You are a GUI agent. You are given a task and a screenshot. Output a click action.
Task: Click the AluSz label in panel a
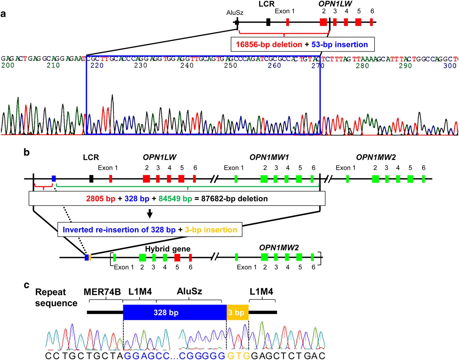pyautogui.click(x=235, y=13)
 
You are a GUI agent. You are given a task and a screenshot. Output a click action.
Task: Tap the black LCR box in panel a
pyautogui.click(x=268, y=22)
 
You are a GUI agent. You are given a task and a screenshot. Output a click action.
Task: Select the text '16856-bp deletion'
pyautogui.click(x=269, y=45)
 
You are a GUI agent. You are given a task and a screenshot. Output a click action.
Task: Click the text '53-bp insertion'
pyautogui.click(x=340, y=45)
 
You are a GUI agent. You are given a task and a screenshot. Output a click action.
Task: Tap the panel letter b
pyautogui.click(x=27, y=152)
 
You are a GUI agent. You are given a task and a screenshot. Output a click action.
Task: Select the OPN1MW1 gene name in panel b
pyautogui.click(x=269, y=158)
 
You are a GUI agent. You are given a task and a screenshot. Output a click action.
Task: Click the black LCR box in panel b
pyautogui.click(x=91, y=179)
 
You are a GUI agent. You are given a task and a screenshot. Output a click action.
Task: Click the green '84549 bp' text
pyautogui.click(x=175, y=199)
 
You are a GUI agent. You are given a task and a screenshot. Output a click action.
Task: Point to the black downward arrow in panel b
pyautogui.click(x=150, y=213)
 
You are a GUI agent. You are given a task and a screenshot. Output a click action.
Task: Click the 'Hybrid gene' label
pyautogui.click(x=168, y=249)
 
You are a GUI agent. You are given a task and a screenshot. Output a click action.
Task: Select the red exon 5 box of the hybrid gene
pyautogui.click(x=177, y=257)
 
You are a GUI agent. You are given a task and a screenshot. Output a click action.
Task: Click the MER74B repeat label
pyautogui.click(x=102, y=292)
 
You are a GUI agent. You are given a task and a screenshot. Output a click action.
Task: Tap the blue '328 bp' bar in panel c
pyautogui.click(x=175, y=313)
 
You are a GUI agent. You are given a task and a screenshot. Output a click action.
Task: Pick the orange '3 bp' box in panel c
pyautogui.click(x=237, y=313)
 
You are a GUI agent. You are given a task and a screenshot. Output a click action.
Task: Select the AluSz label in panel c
pyautogui.click(x=189, y=291)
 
